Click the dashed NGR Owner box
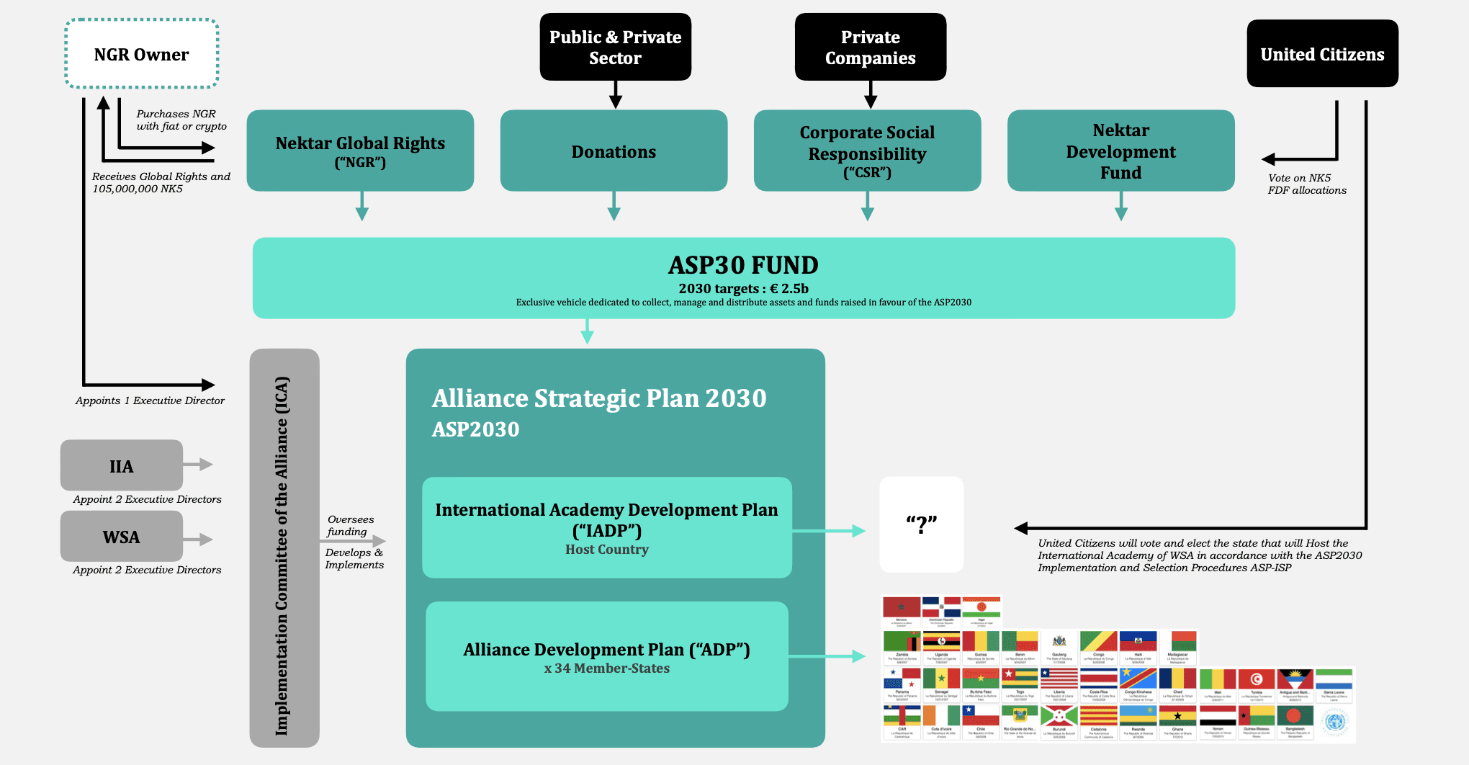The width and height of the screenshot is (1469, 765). click(142, 54)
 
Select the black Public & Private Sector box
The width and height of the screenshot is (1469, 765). click(615, 47)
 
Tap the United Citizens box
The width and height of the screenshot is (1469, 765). click(1322, 54)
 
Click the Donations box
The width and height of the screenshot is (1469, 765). click(614, 151)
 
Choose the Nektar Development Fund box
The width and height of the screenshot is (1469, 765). click(1120, 151)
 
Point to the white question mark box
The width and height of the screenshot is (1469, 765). click(921, 524)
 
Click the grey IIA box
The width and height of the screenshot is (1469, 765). click(121, 466)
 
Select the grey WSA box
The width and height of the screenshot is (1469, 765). click(121, 537)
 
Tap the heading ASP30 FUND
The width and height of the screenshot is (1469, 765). click(743, 265)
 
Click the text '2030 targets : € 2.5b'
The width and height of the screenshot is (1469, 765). click(743, 289)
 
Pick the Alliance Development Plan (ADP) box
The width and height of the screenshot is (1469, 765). click(606, 656)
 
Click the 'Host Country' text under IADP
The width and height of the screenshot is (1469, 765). click(606, 550)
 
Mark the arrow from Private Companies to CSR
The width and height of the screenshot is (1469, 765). click(870, 94)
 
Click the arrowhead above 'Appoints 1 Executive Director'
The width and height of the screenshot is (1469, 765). click(208, 385)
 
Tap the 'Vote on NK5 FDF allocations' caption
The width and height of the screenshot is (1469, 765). click(1307, 184)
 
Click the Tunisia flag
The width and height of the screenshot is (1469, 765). click(1257, 679)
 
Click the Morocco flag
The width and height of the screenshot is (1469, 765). click(902, 607)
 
